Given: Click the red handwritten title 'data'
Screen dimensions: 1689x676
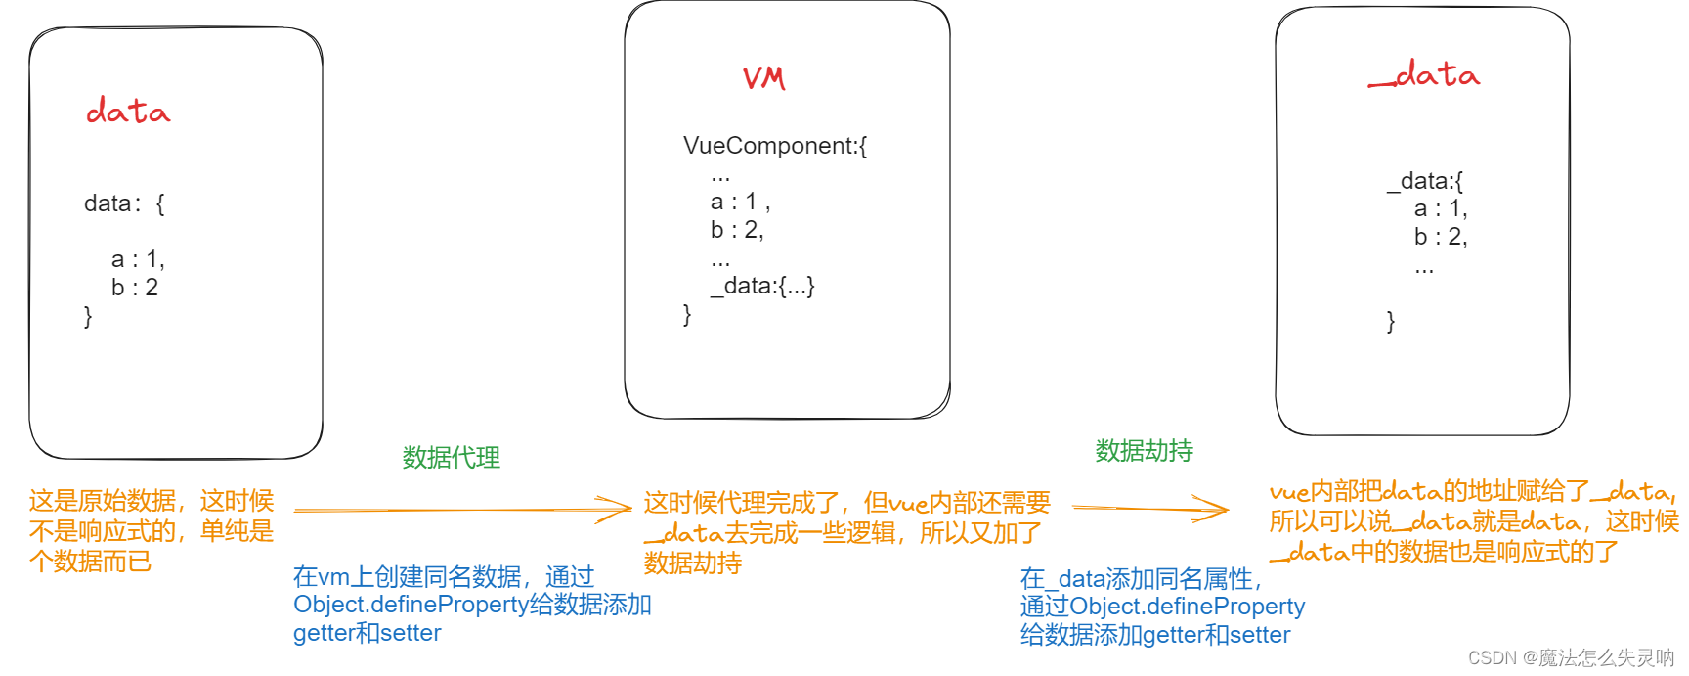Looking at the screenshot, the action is pyautogui.click(x=128, y=112).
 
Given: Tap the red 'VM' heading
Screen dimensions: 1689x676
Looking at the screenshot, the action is pyautogui.click(x=763, y=78).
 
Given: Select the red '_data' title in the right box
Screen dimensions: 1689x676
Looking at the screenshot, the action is pyautogui.click(x=1424, y=75).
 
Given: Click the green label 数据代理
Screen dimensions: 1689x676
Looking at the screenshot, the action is pyautogui.click(x=451, y=457).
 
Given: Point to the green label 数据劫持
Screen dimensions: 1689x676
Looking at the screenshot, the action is pyautogui.click(x=1144, y=450).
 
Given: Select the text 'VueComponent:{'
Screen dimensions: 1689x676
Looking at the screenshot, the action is pyautogui.click(x=775, y=146).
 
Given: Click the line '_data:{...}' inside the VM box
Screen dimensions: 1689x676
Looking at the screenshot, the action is pyautogui.click(x=762, y=286).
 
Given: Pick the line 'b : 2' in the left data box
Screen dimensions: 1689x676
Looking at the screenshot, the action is pyautogui.click(x=135, y=288).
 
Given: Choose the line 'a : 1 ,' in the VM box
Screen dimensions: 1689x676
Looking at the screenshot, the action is pyautogui.click(x=740, y=203).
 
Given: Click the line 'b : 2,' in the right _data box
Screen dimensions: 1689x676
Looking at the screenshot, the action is pyautogui.click(x=1441, y=237).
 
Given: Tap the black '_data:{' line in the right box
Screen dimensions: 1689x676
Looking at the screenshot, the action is pyautogui.click(x=1425, y=181).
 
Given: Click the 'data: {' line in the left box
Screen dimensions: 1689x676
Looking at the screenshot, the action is pyautogui.click(x=124, y=203).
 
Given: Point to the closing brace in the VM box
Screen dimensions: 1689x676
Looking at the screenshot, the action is pyautogui.click(x=687, y=314).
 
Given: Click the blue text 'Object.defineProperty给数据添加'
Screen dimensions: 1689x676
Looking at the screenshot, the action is pyautogui.click(x=472, y=605).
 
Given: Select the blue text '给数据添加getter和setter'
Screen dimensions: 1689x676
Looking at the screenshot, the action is pyautogui.click(x=1155, y=635).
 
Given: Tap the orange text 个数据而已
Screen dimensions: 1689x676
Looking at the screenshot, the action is pyautogui.click(x=90, y=562).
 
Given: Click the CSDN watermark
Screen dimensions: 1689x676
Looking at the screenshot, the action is pyautogui.click(x=1571, y=657).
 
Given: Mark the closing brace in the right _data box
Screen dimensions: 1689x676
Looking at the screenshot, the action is pyautogui.click(x=1391, y=321).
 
